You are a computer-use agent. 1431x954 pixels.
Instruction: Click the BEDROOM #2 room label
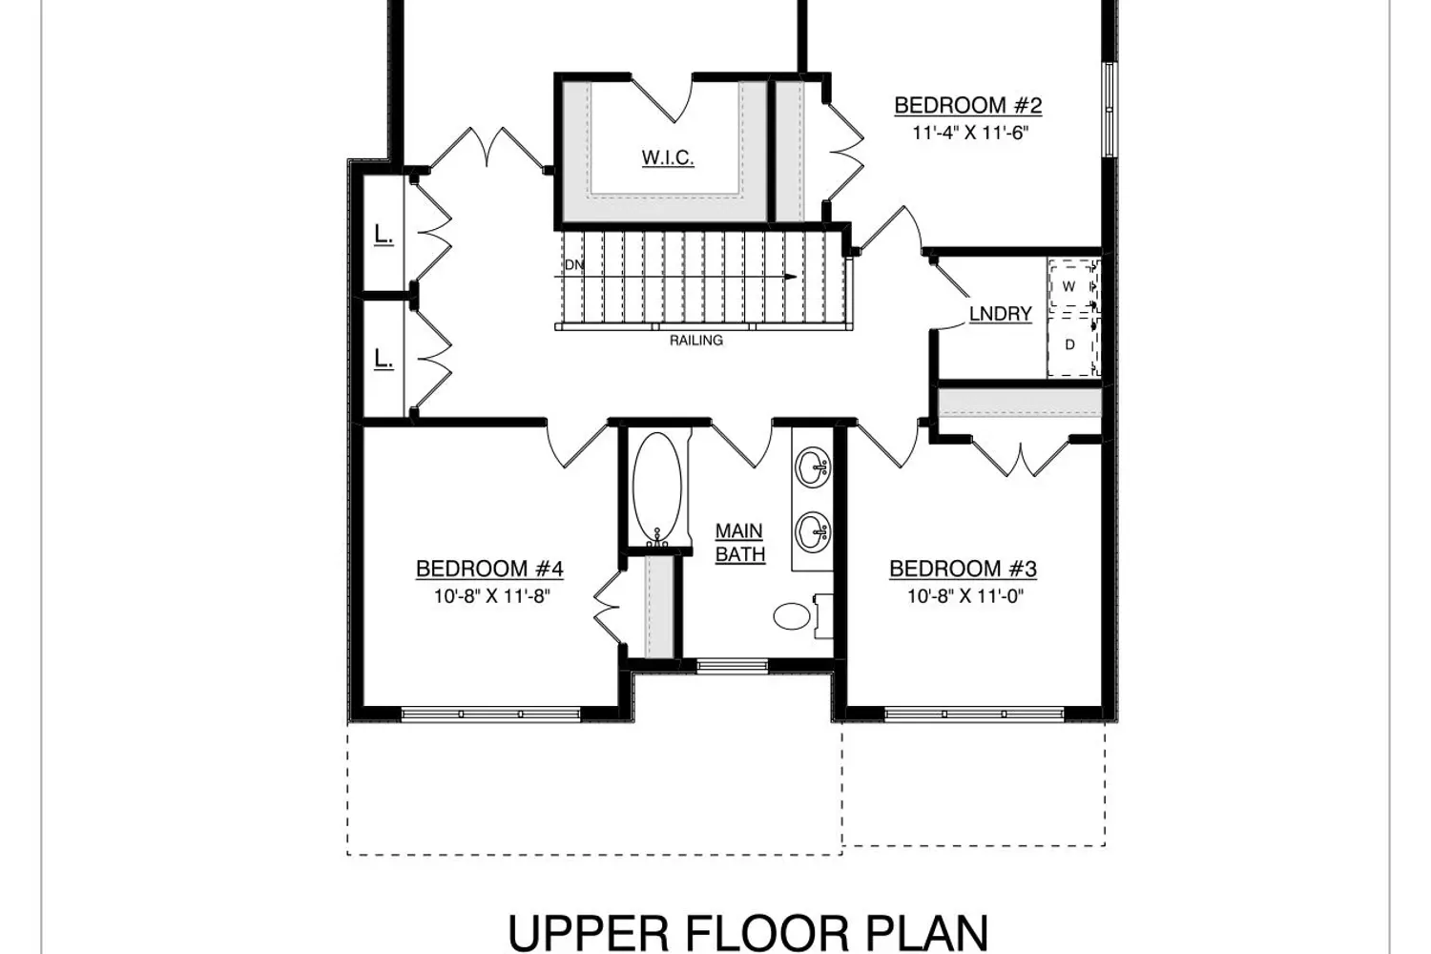[x=968, y=106]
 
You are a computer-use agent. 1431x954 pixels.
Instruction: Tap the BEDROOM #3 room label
[x=963, y=569]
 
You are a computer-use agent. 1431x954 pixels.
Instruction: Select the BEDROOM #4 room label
[x=489, y=569]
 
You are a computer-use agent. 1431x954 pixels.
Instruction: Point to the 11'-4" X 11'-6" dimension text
[x=971, y=133]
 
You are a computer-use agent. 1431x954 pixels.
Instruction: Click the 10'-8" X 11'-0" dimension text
[x=965, y=596]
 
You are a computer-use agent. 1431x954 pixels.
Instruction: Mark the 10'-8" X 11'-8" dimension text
[x=492, y=596]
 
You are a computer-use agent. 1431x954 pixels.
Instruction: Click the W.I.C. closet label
[x=668, y=157]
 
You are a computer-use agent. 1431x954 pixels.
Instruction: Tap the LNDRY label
[x=1001, y=314]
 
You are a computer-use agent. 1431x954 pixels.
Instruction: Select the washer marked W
[x=1073, y=285]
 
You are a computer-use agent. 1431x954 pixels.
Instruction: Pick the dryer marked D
[x=1073, y=345]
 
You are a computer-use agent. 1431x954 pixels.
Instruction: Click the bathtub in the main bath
[x=656, y=488]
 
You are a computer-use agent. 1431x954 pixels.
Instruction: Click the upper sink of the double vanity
[x=813, y=467]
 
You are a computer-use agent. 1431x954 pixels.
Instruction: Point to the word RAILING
[x=696, y=341]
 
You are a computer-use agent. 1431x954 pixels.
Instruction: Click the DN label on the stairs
[x=574, y=264]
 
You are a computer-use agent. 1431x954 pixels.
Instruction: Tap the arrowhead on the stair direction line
[x=791, y=277]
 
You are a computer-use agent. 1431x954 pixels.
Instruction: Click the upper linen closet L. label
[x=384, y=236]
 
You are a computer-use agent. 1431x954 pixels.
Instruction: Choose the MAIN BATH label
[x=739, y=543]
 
